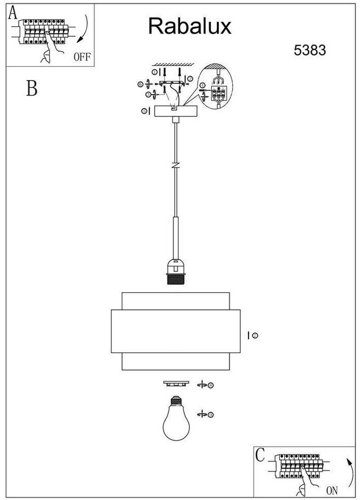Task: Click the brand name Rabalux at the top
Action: [x=190, y=26]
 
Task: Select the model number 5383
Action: [x=310, y=50]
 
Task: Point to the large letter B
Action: [x=32, y=88]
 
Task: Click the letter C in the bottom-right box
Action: [x=260, y=454]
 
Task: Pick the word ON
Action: [x=333, y=490]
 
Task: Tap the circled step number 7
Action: [x=255, y=335]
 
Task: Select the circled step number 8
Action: [x=211, y=385]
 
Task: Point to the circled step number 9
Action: [x=211, y=414]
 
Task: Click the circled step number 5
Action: [x=144, y=111]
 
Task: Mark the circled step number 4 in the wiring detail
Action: [x=202, y=86]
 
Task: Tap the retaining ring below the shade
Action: [x=176, y=383]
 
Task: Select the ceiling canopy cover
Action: [x=176, y=111]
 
